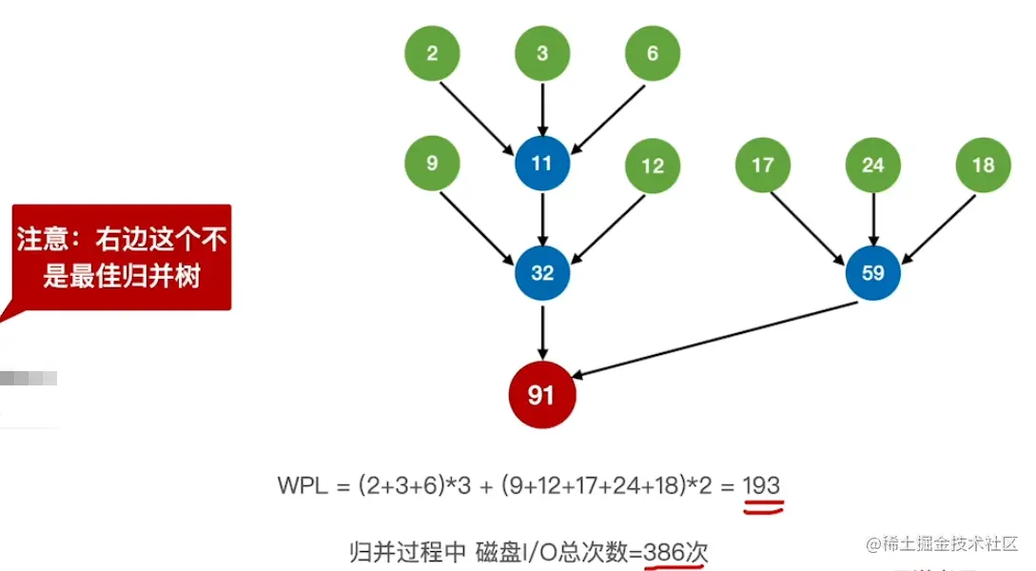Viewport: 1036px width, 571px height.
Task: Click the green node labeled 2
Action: pos(432,53)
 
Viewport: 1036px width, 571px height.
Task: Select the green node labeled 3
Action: pos(542,53)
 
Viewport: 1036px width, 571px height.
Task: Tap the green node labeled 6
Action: pos(652,53)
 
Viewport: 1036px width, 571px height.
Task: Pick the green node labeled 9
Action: pos(432,164)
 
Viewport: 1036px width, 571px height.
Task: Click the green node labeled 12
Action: pos(652,166)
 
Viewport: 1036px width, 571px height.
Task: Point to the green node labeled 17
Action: pos(762,166)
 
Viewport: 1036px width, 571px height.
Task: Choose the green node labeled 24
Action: pos(872,166)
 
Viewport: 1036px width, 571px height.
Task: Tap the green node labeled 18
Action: pos(983,166)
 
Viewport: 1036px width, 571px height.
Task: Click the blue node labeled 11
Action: pos(542,164)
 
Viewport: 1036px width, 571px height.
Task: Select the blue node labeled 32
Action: pos(542,273)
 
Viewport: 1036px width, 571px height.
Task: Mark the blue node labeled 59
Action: pos(872,273)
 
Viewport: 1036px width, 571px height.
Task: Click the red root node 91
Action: pos(541,394)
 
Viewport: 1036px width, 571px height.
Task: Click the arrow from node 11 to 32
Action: pos(542,218)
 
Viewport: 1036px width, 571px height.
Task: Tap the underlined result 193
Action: pos(761,486)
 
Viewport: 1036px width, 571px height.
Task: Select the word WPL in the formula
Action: pos(303,486)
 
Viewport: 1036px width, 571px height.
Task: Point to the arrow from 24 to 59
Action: pos(872,219)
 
